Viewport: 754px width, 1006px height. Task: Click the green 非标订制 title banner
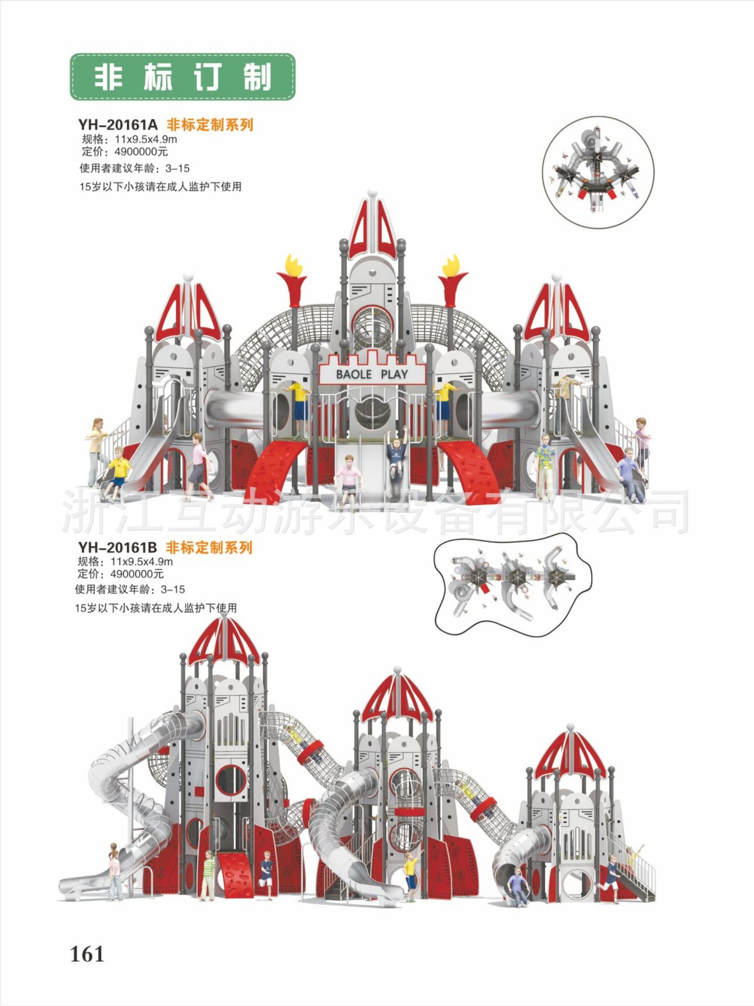(182, 77)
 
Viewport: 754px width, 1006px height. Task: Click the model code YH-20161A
(117, 125)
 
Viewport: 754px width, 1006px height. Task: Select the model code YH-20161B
(117, 548)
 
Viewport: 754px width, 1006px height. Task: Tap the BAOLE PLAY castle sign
(371, 374)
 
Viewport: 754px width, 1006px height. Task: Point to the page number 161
(87, 954)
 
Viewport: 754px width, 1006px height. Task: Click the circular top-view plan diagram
(597, 172)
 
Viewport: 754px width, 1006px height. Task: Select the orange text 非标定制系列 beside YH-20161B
(209, 548)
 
